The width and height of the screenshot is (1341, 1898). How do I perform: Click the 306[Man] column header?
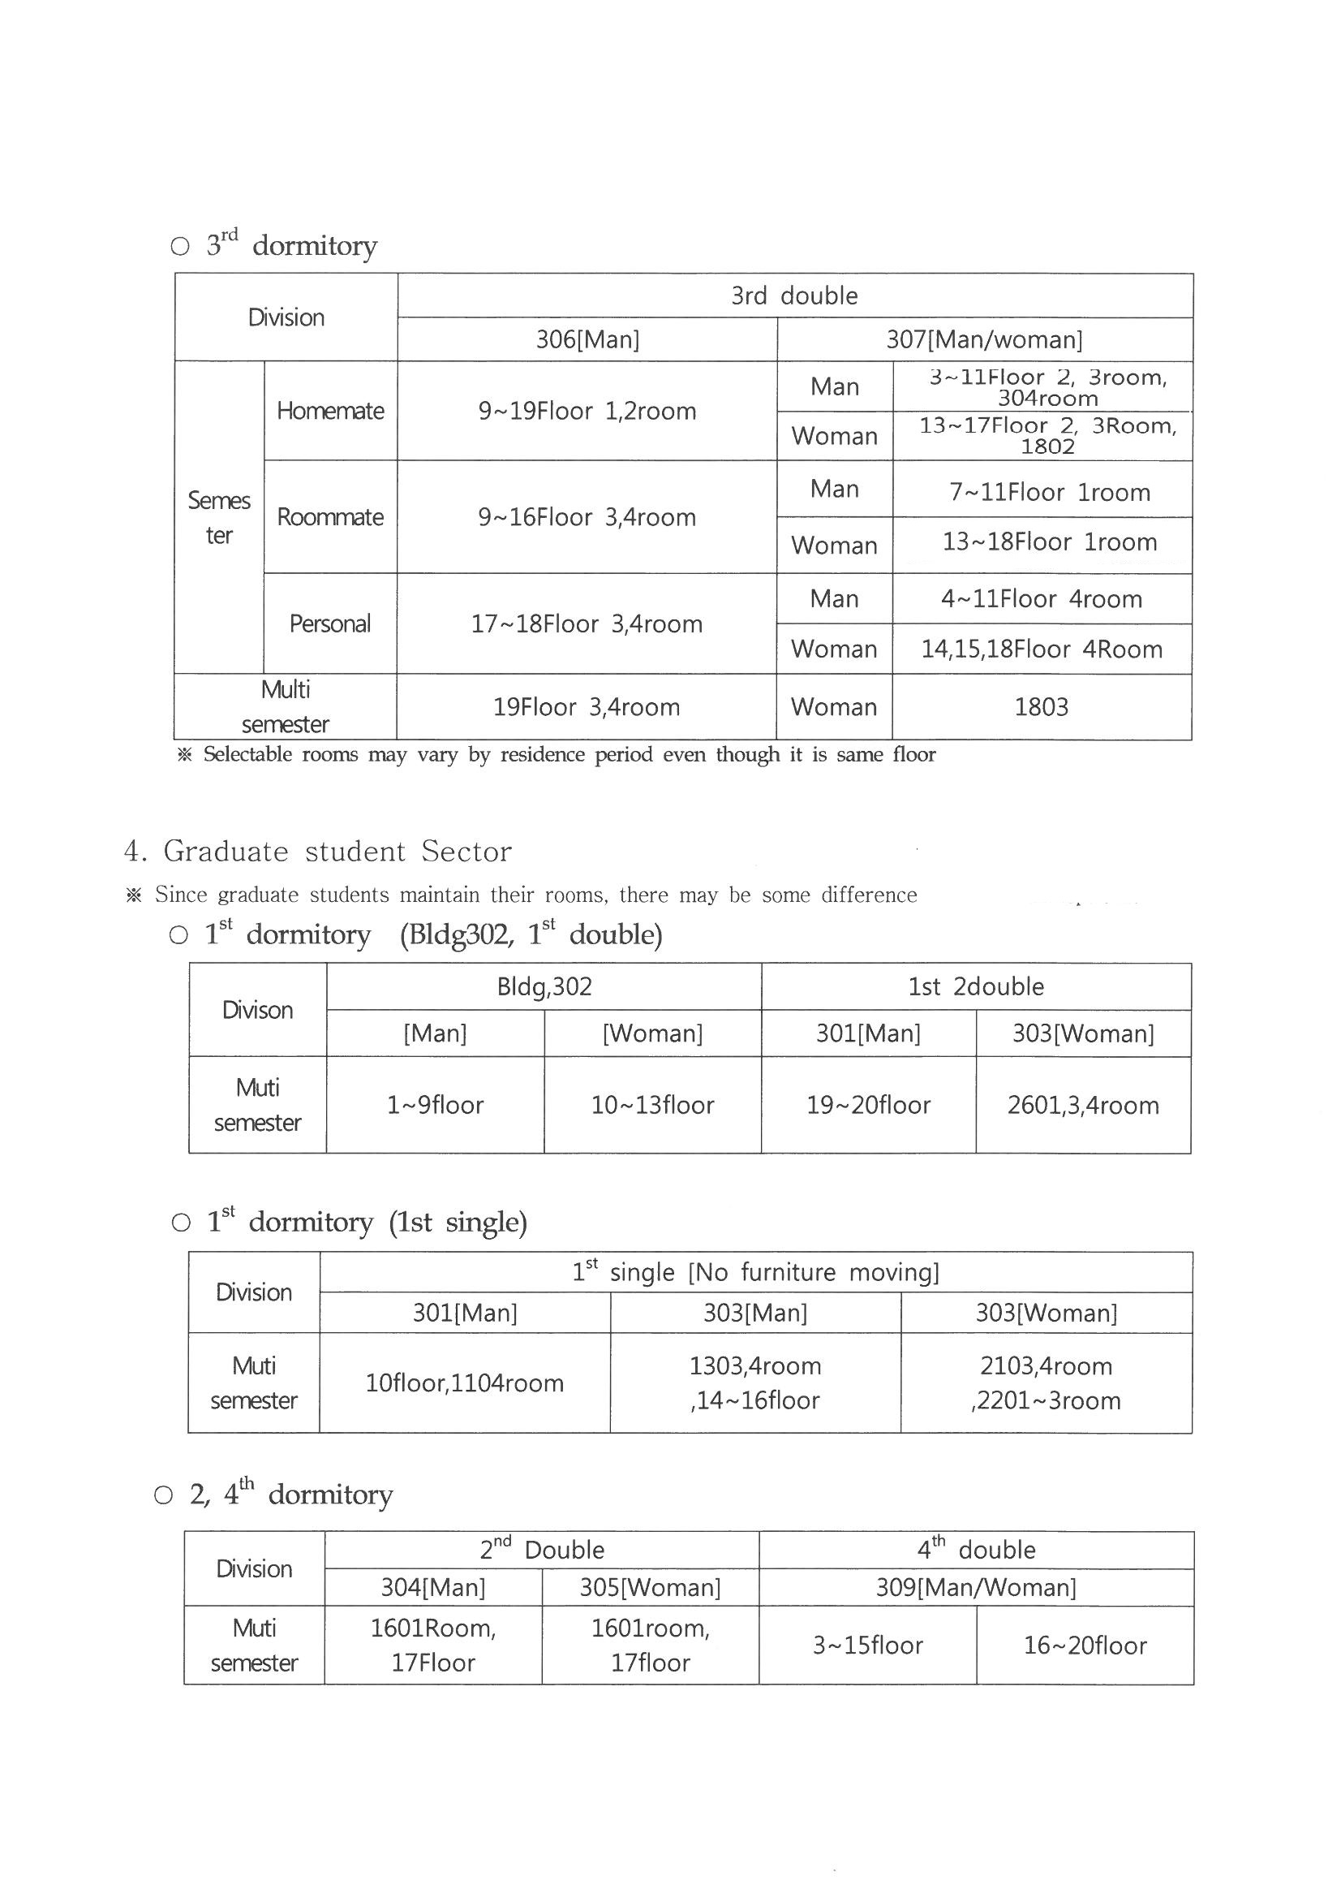[587, 340]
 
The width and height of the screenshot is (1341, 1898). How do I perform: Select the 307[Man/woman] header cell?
[984, 340]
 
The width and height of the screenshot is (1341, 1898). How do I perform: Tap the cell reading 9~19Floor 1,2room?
[587, 411]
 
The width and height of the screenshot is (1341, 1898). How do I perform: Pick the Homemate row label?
[329, 411]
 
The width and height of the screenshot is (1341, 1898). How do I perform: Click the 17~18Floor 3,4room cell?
[587, 623]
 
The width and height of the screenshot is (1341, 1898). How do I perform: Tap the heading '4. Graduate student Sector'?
[318, 852]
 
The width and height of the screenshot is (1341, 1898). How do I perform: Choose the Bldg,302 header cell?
[544, 986]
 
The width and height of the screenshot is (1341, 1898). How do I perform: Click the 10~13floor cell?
[652, 1105]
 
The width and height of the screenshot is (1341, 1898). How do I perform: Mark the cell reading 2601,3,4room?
[1082, 1105]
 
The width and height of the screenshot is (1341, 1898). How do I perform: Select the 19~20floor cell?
[868, 1105]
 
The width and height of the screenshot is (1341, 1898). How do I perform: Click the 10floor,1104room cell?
[464, 1383]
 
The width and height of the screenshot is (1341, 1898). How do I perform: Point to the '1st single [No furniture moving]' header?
[755, 1272]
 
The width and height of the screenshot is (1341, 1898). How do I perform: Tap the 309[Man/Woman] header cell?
[976, 1587]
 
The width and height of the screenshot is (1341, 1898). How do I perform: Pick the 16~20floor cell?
[1085, 1645]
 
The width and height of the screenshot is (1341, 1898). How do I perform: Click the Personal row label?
[329, 623]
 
